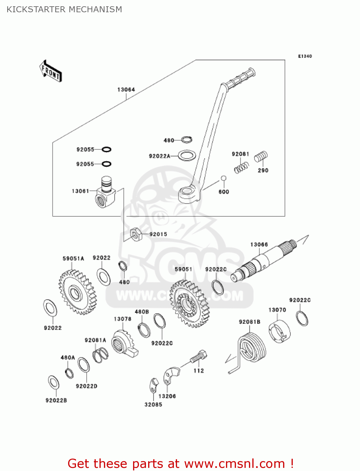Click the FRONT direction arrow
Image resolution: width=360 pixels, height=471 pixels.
(x=50, y=71)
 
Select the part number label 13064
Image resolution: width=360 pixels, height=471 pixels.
(x=126, y=90)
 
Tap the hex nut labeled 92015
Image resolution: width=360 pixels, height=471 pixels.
(x=136, y=235)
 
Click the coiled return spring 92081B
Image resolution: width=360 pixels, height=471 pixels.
(x=251, y=349)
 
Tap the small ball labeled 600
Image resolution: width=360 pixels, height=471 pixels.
(x=223, y=178)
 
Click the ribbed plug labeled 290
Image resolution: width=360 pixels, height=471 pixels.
(x=261, y=156)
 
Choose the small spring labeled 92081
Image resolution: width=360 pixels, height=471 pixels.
(x=241, y=167)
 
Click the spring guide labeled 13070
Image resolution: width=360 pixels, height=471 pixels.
(x=279, y=332)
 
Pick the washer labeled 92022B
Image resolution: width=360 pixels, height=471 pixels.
(x=54, y=382)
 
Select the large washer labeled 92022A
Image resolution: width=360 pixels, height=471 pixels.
(x=187, y=155)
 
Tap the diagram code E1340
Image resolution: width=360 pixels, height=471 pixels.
(x=305, y=57)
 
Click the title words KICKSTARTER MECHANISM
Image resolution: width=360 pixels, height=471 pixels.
(x=64, y=9)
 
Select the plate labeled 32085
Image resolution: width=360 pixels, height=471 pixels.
(x=153, y=386)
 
